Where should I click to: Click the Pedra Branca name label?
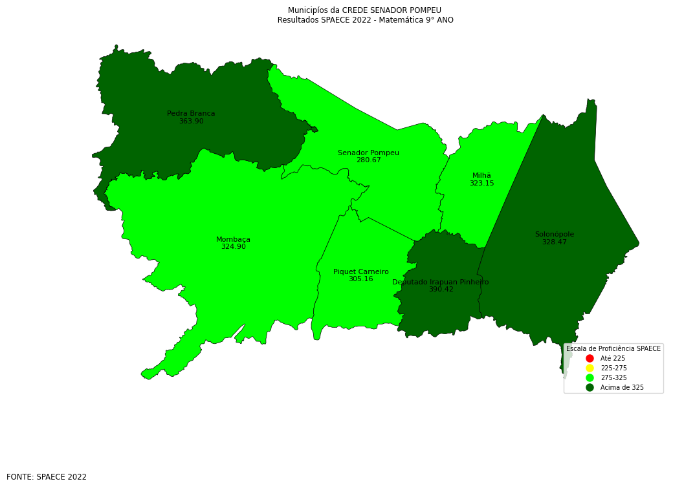(x=191, y=114)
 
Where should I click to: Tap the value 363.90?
(x=191, y=122)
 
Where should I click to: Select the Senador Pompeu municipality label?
(x=368, y=153)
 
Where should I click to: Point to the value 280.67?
(x=368, y=160)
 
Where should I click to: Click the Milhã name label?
(x=481, y=176)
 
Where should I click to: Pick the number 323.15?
(x=481, y=184)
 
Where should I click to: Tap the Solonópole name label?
(x=554, y=235)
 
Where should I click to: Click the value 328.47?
(x=554, y=242)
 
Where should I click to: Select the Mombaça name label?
(x=233, y=239)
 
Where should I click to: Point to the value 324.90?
(x=233, y=247)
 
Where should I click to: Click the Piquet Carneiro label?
(x=360, y=272)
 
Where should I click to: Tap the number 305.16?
(x=360, y=279)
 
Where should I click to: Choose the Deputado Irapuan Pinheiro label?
(x=440, y=282)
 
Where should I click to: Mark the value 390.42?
(x=441, y=290)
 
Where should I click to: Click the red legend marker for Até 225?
(x=590, y=358)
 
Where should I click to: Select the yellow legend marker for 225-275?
(x=590, y=368)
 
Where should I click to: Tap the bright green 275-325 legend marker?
(x=590, y=377)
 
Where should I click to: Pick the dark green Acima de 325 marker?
(x=590, y=387)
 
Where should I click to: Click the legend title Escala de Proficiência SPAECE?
(x=613, y=349)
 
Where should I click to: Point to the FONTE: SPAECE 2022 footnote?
(x=47, y=477)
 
